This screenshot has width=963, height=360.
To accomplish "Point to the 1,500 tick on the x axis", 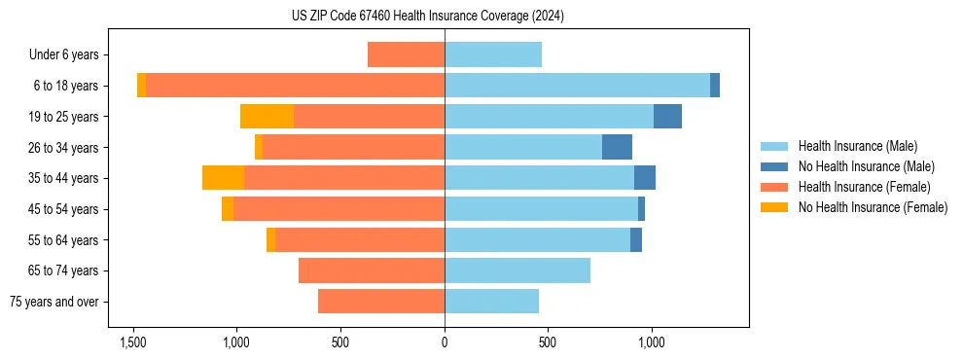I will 133,342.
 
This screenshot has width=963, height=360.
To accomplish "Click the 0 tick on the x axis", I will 445,342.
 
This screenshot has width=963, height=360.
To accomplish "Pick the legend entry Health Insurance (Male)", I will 857,146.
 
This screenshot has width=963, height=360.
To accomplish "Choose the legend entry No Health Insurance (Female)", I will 873,207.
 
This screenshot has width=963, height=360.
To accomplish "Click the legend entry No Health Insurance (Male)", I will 866,166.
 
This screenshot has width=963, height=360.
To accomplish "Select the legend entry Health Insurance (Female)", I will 864,187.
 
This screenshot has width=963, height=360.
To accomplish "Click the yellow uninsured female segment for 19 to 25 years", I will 267,117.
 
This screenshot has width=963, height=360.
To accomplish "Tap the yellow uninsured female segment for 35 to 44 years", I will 223,178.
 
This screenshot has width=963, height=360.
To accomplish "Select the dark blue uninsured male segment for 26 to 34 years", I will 617,147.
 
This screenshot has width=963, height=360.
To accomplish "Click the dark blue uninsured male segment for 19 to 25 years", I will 667,117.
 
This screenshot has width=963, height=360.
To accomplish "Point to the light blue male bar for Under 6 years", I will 493,54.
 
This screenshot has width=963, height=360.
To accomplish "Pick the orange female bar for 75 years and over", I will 381,302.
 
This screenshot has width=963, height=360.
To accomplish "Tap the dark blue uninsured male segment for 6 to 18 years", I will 715,86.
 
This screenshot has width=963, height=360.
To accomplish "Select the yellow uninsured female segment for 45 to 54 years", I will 228,209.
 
